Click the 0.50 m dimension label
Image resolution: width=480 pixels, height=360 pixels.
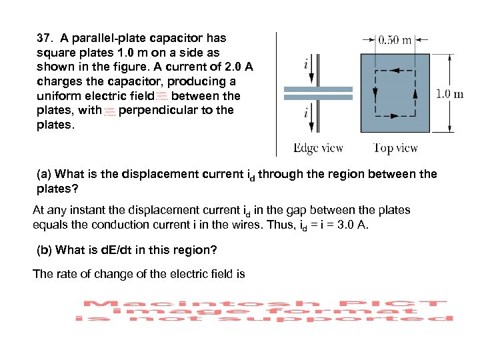395,39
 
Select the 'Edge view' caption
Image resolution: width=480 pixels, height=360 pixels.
319,148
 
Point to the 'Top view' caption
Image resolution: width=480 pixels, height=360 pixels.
395,148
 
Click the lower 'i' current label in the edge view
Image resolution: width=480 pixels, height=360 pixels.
305,113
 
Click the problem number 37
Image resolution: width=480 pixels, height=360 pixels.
44,38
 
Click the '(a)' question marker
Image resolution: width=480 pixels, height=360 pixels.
44,175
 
